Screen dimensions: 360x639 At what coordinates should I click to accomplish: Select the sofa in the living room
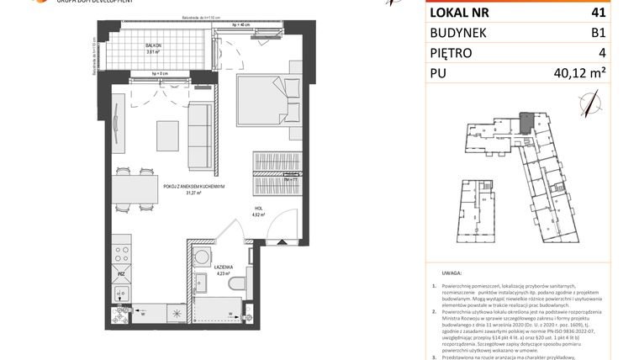pyautogui.click(x=199, y=135)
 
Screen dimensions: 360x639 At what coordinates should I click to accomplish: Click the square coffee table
pyautogui.click(x=168, y=135)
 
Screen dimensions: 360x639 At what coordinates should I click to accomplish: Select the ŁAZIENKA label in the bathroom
pyautogui.click(x=224, y=268)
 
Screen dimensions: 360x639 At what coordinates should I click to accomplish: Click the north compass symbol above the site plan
pyautogui.click(x=588, y=104)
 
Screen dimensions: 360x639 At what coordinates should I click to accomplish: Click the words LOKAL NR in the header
pyautogui.click(x=462, y=13)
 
